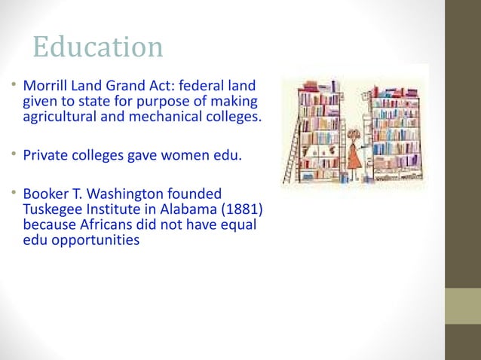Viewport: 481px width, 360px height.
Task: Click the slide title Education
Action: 97,47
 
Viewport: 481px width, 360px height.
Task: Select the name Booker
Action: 47,194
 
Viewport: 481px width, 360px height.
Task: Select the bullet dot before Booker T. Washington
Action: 15,192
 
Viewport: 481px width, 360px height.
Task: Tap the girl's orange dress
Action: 354,155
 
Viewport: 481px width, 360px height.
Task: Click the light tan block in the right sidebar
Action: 463,306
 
